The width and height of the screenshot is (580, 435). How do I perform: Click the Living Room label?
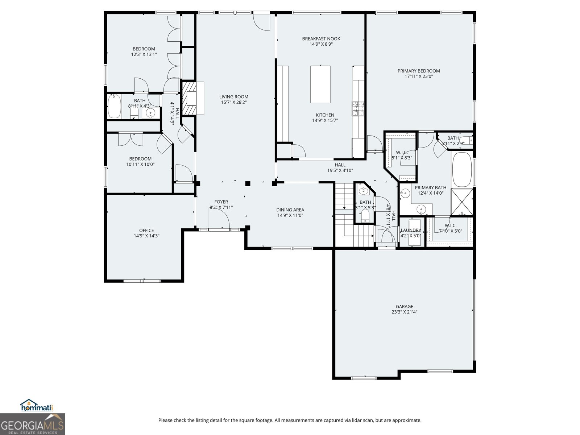(233, 97)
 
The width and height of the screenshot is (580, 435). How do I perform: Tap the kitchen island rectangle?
(320, 84)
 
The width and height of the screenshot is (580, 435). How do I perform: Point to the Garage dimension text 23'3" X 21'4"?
(404, 312)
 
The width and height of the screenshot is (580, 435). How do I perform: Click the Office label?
(146, 230)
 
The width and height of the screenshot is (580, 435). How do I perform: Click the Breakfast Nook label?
(321, 39)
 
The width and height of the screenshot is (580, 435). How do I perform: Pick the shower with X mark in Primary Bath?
(462, 202)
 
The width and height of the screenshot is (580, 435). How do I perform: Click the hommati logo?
(37, 406)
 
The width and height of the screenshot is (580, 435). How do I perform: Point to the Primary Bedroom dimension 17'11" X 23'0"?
(419, 76)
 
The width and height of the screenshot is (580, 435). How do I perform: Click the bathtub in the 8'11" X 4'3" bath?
(114, 106)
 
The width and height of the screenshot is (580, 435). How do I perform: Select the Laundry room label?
(411, 230)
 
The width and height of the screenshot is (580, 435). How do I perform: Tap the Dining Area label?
(290, 210)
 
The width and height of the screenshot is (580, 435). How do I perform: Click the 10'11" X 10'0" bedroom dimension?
(140, 164)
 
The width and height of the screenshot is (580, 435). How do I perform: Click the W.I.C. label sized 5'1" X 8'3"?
(402, 153)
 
